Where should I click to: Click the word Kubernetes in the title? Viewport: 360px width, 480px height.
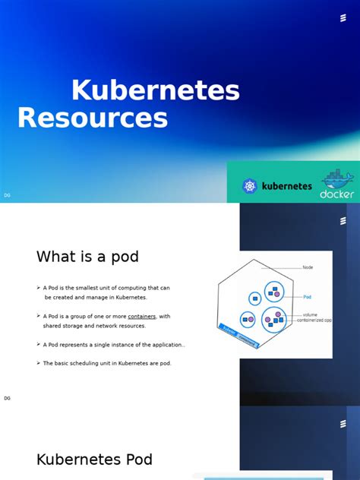(155, 91)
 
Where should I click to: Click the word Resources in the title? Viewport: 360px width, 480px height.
(92, 118)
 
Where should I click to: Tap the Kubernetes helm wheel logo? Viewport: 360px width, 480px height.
(250, 185)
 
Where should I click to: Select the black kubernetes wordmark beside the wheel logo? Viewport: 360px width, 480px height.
(286, 185)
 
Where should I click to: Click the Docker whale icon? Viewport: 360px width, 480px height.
(336, 179)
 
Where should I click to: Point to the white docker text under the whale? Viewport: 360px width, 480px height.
(336, 194)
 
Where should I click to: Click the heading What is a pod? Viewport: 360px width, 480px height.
(87, 257)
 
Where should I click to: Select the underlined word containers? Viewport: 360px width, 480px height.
(141, 316)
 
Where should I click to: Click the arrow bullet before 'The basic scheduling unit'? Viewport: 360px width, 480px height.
(38, 363)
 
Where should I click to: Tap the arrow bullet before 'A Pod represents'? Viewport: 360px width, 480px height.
(38, 344)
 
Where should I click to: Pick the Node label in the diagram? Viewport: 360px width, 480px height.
(308, 267)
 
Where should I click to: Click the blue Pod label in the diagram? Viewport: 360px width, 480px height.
(307, 296)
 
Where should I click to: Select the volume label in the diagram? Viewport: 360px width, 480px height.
(310, 314)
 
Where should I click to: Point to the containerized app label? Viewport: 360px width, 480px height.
(317, 321)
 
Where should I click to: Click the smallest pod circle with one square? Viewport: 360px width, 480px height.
(254, 299)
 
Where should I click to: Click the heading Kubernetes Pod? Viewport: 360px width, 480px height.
(94, 459)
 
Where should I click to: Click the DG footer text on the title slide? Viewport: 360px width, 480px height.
(7, 195)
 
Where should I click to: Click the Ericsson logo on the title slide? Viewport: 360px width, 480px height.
(343, 19)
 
